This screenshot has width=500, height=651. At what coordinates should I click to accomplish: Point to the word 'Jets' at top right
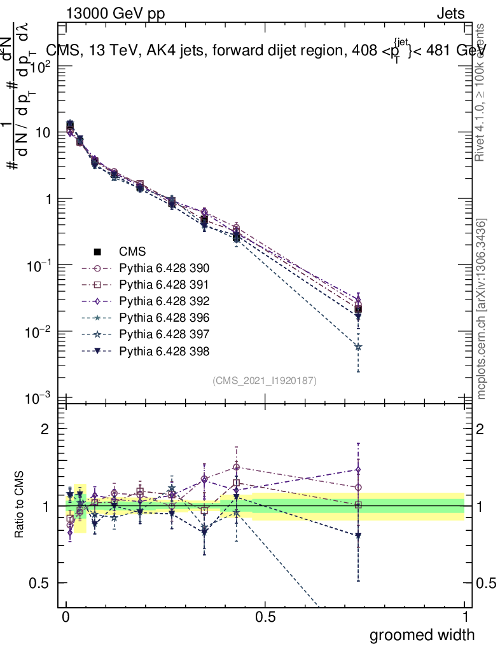click(450, 13)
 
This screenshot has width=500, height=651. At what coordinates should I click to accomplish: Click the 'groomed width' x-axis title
click(422, 634)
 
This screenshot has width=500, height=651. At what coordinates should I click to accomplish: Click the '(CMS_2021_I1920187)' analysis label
click(265, 381)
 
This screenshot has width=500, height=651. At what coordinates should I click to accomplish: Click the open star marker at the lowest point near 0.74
click(358, 347)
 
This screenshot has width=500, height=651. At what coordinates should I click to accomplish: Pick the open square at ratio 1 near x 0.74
click(358, 505)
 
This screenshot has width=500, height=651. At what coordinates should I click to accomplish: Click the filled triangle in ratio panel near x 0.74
click(358, 536)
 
